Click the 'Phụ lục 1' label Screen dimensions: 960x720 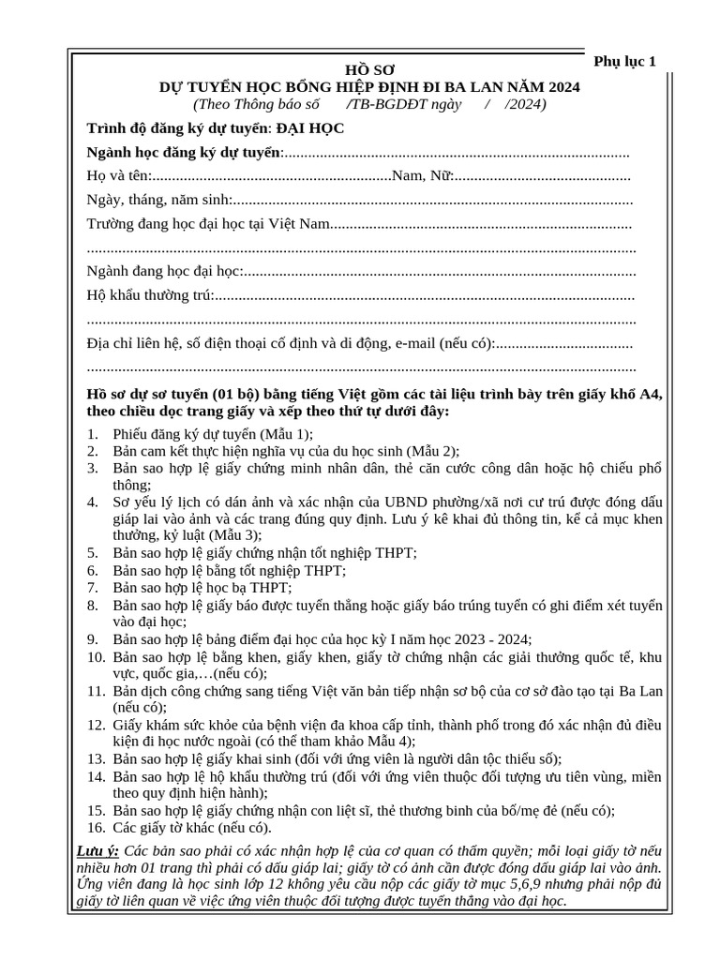click(x=625, y=62)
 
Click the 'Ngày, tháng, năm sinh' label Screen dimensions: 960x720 click(x=158, y=200)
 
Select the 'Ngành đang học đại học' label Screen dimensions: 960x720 click(x=165, y=272)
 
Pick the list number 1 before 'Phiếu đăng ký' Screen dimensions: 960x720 click(x=92, y=434)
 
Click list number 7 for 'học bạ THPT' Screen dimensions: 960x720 click(x=92, y=588)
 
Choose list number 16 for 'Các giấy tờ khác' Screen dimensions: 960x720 click(x=96, y=828)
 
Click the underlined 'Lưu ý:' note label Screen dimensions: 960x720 click(x=97, y=850)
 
